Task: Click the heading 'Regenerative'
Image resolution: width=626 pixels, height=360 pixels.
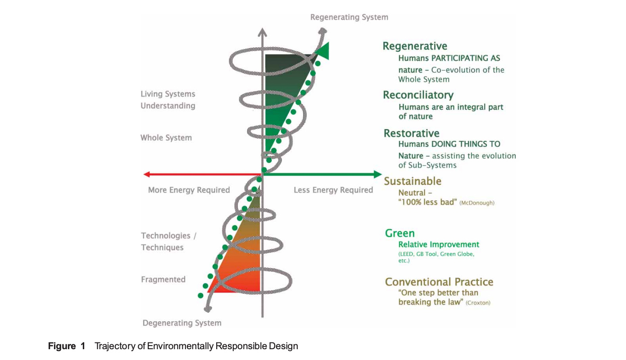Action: tap(415, 46)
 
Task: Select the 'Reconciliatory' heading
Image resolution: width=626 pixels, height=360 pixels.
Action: tap(418, 95)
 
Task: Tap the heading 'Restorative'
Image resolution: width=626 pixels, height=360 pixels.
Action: tap(411, 133)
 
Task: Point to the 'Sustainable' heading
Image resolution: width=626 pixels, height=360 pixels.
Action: tap(413, 181)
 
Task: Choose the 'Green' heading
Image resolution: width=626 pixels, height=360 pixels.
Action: tap(399, 233)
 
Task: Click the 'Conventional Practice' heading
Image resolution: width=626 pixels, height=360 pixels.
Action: tap(439, 282)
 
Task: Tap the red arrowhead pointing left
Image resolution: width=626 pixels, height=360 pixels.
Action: tap(146, 174)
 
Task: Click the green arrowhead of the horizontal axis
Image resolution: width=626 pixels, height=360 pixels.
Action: tap(378, 174)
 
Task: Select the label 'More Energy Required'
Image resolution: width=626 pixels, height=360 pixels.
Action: tap(189, 190)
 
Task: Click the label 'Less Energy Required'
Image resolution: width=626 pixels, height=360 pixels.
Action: tap(333, 190)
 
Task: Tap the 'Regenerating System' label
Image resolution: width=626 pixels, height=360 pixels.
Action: tap(349, 17)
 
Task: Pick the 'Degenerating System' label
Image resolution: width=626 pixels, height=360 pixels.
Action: tap(182, 323)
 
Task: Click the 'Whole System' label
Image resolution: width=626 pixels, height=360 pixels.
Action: tap(166, 138)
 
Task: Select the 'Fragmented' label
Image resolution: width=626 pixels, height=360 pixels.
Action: tap(163, 279)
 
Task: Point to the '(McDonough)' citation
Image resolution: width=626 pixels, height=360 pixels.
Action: tap(476, 203)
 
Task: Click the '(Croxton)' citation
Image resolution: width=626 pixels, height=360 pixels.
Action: tap(478, 303)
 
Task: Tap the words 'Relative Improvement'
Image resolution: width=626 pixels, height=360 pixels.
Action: tap(439, 244)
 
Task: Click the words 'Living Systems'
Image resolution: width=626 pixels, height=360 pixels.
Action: tap(168, 94)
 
